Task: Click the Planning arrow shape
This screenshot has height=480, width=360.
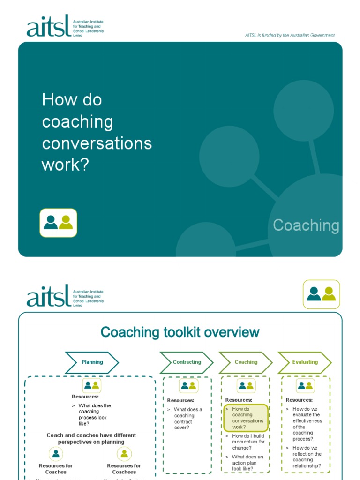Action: [x=92, y=362]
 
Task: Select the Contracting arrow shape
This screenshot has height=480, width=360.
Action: [x=187, y=362]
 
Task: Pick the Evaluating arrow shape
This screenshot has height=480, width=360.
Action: [x=305, y=362]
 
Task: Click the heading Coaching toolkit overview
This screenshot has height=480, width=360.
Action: [x=180, y=332]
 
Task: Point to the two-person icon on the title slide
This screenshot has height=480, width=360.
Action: [x=58, y=223]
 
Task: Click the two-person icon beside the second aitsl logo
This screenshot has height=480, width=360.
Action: [x=322, y=294]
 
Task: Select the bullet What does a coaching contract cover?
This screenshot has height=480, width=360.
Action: [x=188, y=418]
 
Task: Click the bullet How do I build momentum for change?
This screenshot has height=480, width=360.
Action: [x=248, y=442]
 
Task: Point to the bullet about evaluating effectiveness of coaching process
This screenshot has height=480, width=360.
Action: [x=307, y=424]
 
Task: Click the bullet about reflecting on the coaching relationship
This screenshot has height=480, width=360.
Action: [x=307, y=457]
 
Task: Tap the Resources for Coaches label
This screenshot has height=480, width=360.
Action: [x=56, y=469]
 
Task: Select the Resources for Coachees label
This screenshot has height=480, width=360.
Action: [x=124, y=469]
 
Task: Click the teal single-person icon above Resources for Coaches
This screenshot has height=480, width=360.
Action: [x=56, y=454]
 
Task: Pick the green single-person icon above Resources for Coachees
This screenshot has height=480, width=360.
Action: [x=124, y=454]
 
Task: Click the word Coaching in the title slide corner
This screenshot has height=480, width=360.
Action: [x=306, y=225]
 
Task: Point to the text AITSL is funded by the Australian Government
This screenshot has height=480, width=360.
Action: [x=290, y=35]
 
